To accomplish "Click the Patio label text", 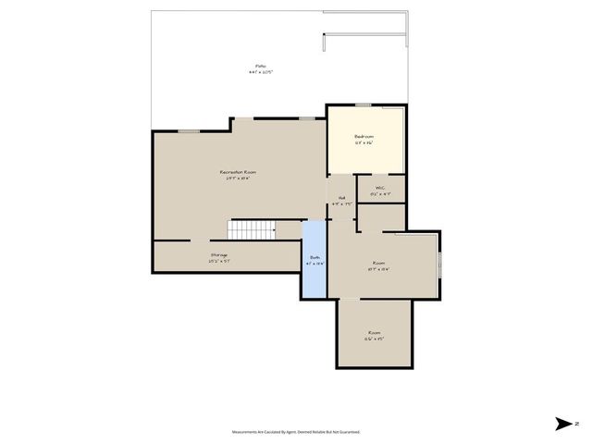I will click(x=261, y=66).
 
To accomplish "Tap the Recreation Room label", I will click(x=238, y=172).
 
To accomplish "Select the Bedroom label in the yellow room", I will click(x=364, y=136).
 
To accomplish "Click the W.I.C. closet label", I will click(x=380, y=188).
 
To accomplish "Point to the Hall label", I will click(x=341, y=197).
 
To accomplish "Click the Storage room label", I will click(x=219, y=254).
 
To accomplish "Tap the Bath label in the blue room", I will click(x=314, y=257).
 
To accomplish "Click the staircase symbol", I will click(x=252, y=228).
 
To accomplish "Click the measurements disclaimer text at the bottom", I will click(x=296, y=432).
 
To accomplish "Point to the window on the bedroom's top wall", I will click(x=364, y=105).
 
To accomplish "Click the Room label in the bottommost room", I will click(x=374, y=332).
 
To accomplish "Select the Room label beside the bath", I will click(x=378, y=263).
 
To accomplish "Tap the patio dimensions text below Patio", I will click(x=261, y=72).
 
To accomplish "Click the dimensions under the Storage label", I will click(x=219, y=261).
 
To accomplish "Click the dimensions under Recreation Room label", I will click(x=238, y=179).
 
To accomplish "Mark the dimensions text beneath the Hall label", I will click(x=341, y=203).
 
